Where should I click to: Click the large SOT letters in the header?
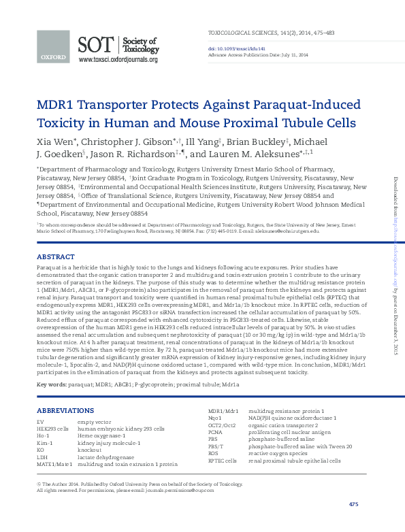click(97, 46)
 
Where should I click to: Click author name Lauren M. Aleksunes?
click(255, 154)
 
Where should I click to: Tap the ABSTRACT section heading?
click(55, 256)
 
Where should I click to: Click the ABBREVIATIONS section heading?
click(65, 410)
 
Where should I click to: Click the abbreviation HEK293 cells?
click(52, 429)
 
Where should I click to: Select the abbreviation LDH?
click(42, 458)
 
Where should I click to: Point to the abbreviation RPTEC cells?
click(223, 461)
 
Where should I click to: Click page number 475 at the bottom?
click(353, 504)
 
